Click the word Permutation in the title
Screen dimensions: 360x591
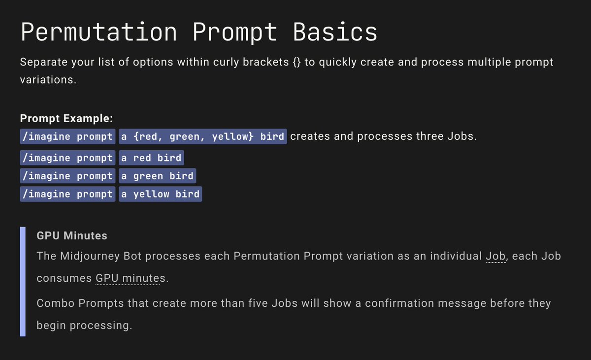point(98,33)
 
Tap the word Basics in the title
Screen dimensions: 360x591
point(335,33)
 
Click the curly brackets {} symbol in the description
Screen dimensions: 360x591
point(293,63)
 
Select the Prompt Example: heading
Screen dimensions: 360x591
point(66,119)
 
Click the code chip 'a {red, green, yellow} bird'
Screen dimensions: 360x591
point(202,136)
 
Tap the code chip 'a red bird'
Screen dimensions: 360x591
point(151,158)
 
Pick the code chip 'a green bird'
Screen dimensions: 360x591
point(157,176)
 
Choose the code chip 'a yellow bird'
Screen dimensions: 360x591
point(160,194)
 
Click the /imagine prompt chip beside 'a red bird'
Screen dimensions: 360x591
point(67,158)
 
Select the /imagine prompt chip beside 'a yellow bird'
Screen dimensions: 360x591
point(67,194)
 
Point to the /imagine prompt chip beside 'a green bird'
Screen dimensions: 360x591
point(67,176)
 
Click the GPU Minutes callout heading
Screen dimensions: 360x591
point(72,236)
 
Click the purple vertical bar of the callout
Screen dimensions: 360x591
point(23,281)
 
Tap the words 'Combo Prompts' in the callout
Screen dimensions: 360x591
point(80,303)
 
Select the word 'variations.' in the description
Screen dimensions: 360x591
point(48,79)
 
